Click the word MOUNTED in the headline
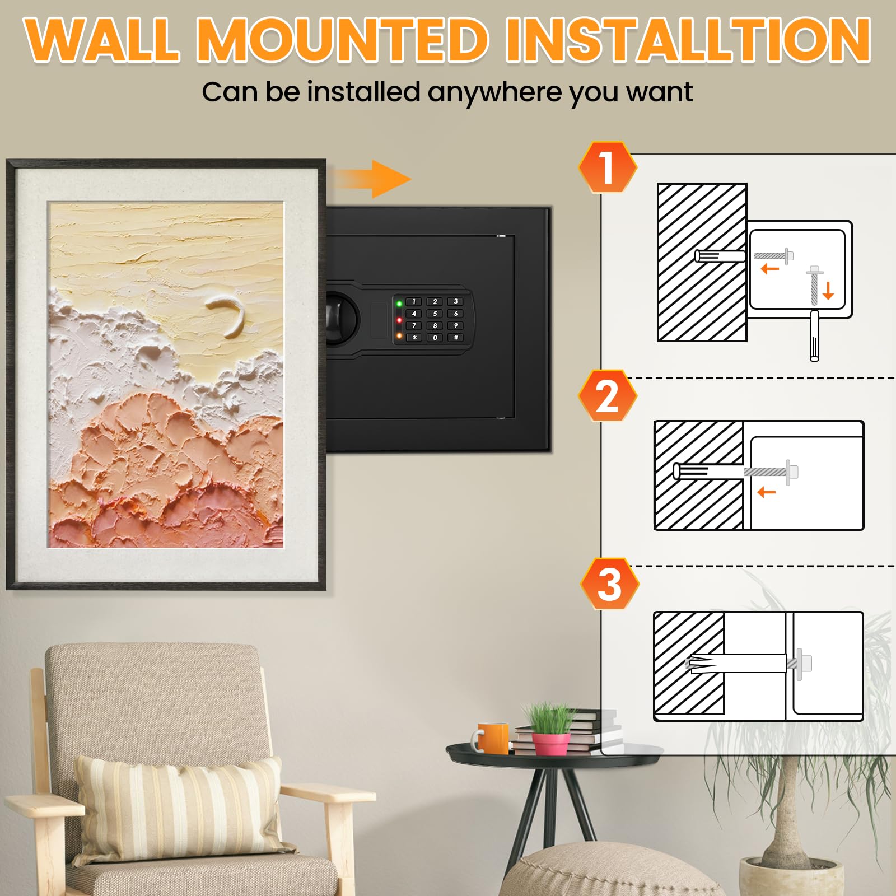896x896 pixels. tap(343, 40)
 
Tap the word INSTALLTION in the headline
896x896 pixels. tap(688, 40)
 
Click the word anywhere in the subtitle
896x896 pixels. tap(494, 92)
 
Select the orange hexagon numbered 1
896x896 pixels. tap(608, 167)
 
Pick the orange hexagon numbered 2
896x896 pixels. tap(608, 396)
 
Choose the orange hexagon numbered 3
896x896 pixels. tap(610, 584)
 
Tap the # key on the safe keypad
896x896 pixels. tap(456, 338)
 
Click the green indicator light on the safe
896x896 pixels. tap(399, 304)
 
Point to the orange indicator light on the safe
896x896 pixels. tap(399, 336)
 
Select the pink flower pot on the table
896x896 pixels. tap(550, 744)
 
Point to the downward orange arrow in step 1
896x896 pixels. tap(829, 290)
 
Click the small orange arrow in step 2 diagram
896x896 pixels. tap(766, 492)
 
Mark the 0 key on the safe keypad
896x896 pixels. tap(435, 338)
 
